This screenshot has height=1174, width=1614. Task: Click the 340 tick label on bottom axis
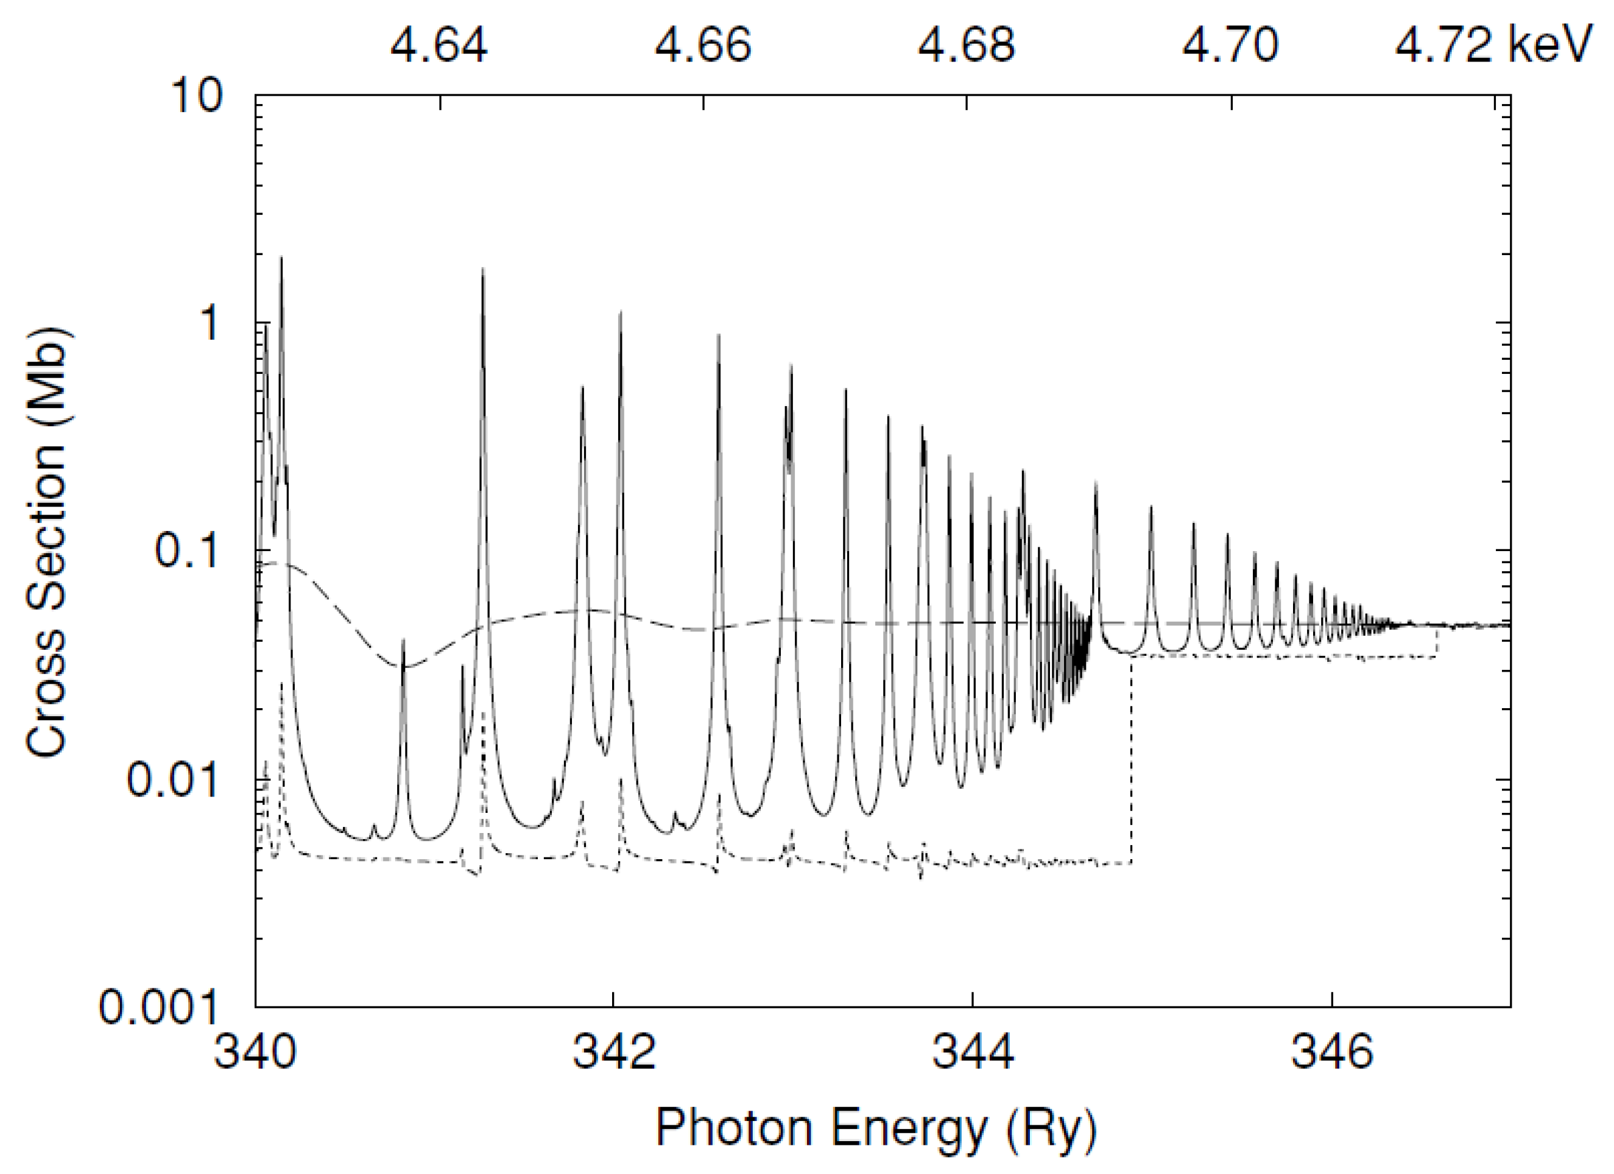coord(255,1052)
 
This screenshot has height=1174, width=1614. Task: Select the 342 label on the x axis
coord(613,1052)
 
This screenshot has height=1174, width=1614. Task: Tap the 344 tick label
coord(972,1052)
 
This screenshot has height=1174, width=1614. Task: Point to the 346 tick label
coord(1331,1052)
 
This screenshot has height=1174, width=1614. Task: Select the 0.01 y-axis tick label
coord(172,779)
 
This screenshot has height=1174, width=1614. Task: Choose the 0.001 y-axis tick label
coord(158,1007)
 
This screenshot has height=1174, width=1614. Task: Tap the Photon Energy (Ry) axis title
coord(875,1128)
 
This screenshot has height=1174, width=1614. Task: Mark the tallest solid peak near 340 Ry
coord(281,259)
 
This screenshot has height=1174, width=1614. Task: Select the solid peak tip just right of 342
coord(621,313)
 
